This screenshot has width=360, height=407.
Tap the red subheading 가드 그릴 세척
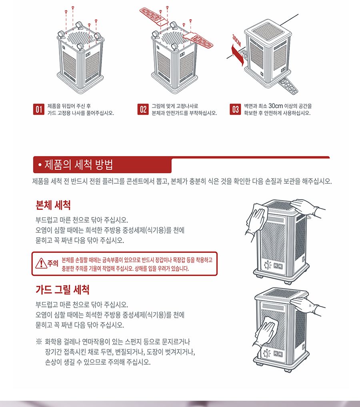[x=62, y=289]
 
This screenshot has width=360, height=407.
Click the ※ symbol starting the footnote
[x=39, y=342]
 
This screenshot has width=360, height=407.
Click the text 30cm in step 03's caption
[x=276, y=106]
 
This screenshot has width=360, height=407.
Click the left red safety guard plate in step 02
[x=154, y=16]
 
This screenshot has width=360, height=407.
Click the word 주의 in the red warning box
[x=53, y=264]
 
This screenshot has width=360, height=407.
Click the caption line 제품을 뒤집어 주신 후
[x=69, y=106]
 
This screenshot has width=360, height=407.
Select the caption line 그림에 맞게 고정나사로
[x=175, y=106]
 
